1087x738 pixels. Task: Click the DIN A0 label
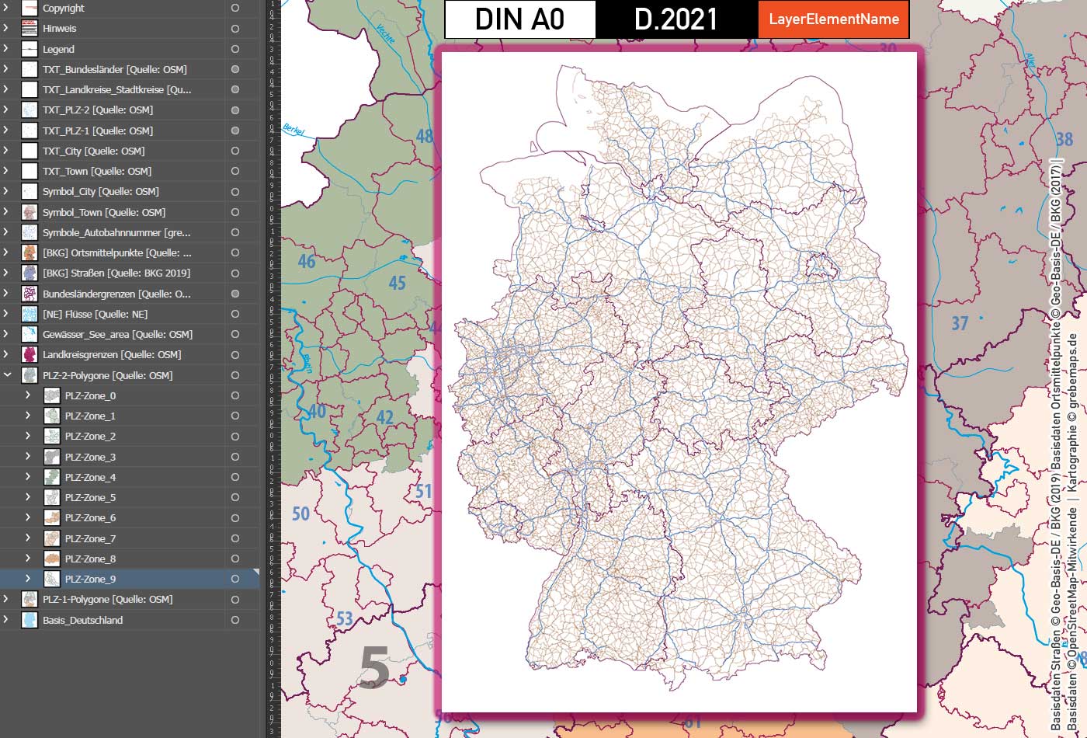point(519,19)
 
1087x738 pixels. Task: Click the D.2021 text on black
point(675,19)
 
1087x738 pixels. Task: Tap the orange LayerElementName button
point(834,19)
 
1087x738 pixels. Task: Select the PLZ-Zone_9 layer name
point(90,579)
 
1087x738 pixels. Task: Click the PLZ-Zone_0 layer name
point(90,395)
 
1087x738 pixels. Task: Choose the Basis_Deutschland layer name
point(82,620)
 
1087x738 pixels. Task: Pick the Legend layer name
point(58,49)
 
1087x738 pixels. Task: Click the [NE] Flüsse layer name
point(95,314)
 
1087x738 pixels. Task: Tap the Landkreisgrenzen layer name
point(112,354)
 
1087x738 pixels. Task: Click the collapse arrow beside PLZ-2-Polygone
point(7,375)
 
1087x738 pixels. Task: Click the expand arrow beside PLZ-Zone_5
point(28,497)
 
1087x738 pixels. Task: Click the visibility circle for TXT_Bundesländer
point(235,69)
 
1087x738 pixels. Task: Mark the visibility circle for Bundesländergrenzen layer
point(235,294)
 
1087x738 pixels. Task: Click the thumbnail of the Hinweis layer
point(30,29)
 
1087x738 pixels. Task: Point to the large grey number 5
point(374,668)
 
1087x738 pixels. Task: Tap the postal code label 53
point(345,619)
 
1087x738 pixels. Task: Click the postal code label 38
point(1064,139)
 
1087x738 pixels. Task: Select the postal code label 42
point(385,417)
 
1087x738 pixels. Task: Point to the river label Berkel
point(294,130)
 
